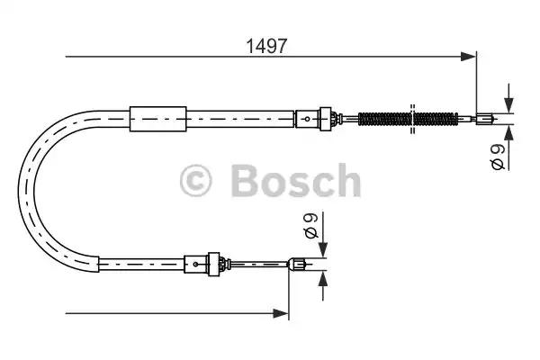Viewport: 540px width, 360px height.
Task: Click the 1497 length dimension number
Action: [267, 45]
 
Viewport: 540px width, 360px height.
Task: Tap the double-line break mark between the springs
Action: [411, 117]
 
